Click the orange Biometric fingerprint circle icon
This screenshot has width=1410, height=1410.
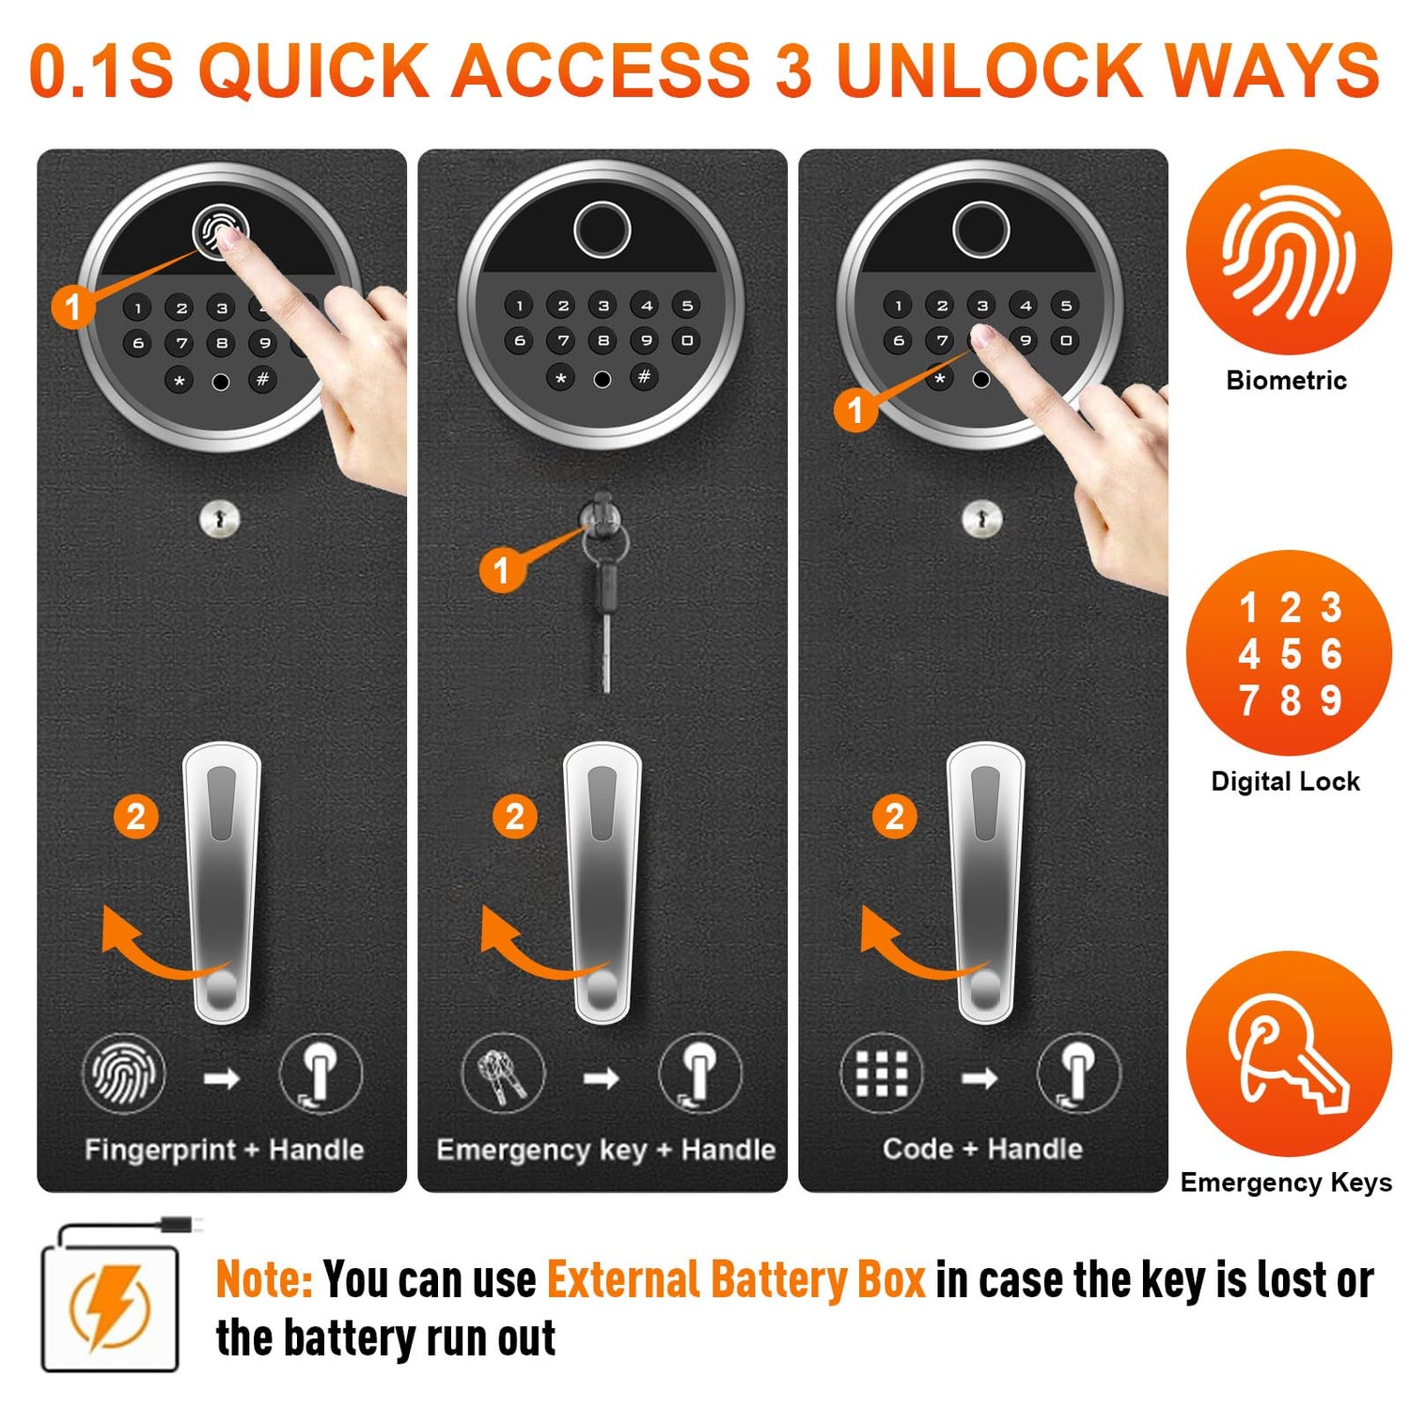pos(1289,252)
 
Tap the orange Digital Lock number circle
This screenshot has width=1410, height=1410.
pos(1289,652)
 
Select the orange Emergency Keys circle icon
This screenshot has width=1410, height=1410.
pos(1289,1054)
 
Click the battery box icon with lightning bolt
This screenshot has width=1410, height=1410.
pos(110,1295)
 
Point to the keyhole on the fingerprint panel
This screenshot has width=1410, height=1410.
pos(220,518)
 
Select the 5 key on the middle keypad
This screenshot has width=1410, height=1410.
pos(687,305)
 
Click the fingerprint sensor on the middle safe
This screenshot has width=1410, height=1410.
pos(602,229)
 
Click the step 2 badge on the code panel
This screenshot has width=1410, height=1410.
pos(894,816)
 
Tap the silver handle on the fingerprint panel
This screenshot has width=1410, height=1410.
pos(223,883)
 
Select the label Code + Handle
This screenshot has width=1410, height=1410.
pos(982,1149)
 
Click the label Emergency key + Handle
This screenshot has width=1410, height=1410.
pos(605,1150)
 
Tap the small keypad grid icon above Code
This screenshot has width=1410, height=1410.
pos(882,1073)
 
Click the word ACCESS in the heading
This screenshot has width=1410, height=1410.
pos(602,70)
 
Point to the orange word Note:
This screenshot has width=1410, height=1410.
pos(264,1279)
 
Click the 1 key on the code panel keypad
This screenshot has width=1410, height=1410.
pos(899,305)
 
